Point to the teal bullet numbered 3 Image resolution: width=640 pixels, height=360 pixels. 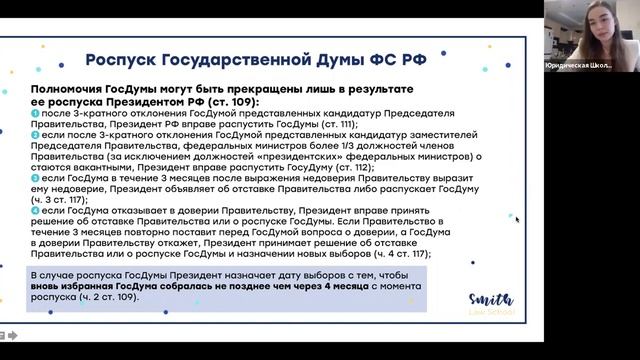(x=35, y=177)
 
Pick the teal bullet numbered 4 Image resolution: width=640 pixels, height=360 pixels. (x=35, y=210)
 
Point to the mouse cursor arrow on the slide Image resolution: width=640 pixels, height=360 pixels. (x=517, y=219)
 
